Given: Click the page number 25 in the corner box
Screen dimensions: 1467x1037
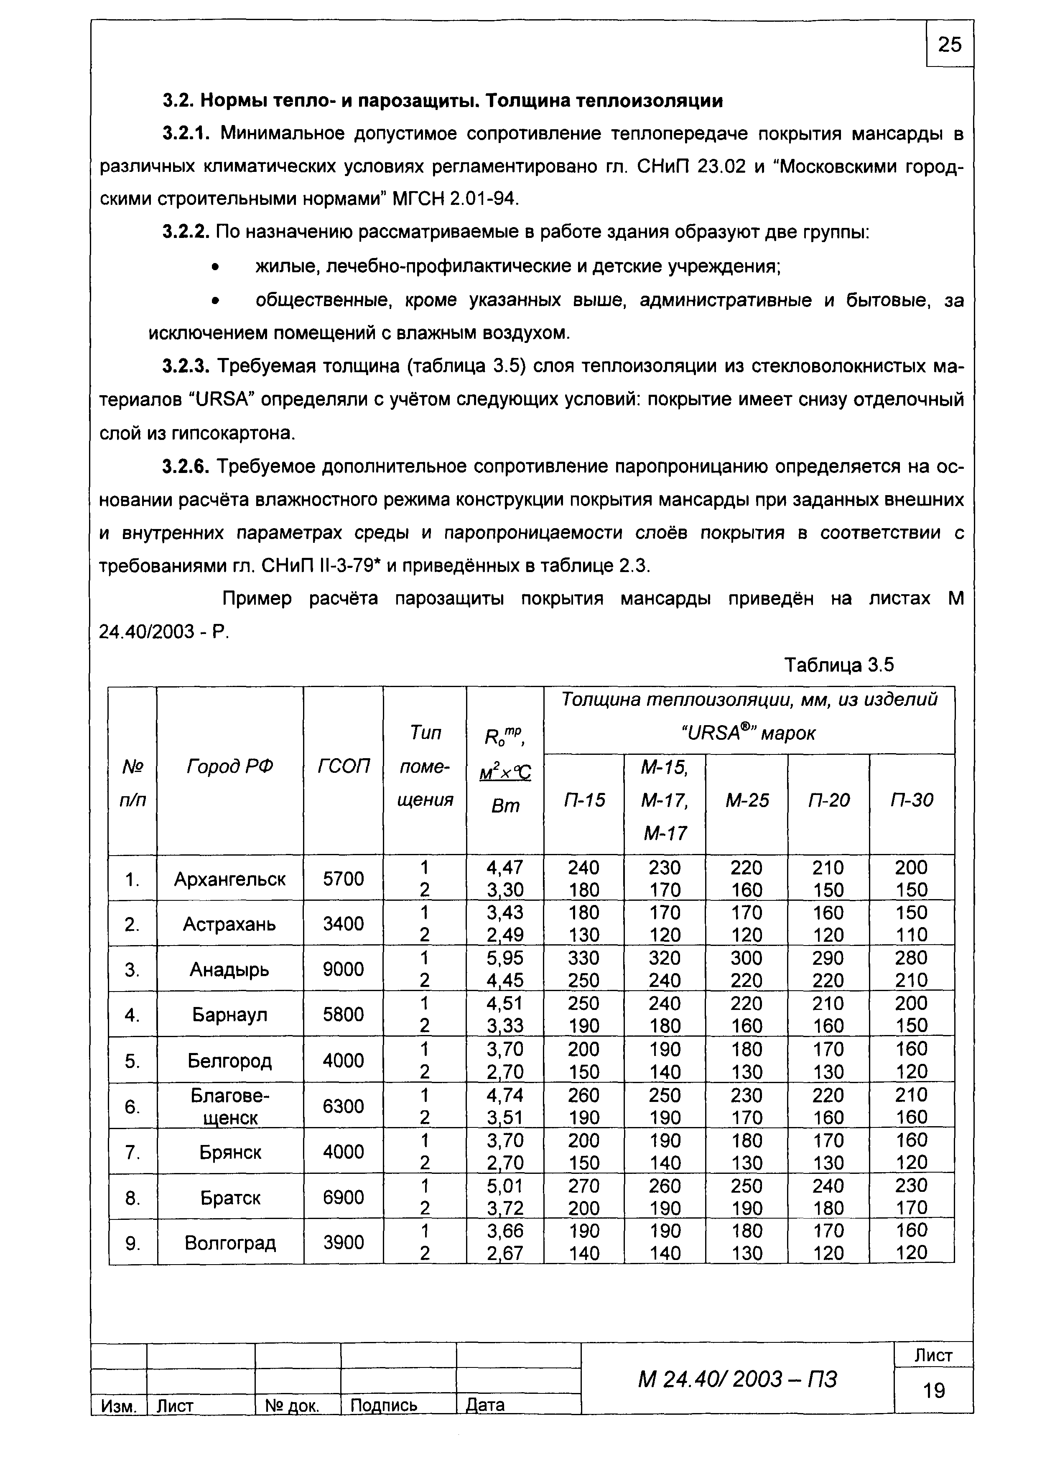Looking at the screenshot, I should (950, 45).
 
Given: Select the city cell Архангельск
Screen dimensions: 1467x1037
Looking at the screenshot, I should (230, 879).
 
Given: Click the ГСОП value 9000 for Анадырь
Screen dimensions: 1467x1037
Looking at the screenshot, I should (344, 969).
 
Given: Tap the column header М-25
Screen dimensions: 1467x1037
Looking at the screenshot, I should (747, 800).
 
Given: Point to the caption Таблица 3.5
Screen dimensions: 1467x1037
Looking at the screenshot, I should (838, 665).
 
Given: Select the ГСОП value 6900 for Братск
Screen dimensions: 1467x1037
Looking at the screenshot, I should (344, 1197).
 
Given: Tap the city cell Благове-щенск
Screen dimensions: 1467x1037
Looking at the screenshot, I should (230, 1106).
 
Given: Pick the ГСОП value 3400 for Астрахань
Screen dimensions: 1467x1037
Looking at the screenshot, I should (344, 924).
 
